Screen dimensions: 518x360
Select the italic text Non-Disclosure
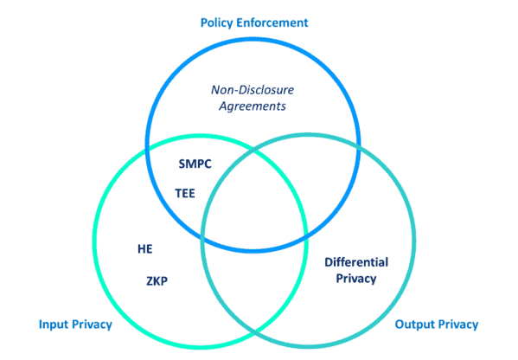pyautogui.click(x=253, y=90)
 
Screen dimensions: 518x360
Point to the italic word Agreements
pyautogui.click(x=253, y=106)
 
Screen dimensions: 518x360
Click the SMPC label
pyautogui.click(x=195, y=164)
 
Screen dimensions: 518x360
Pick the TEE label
pyautogui.click(x=185, y=193)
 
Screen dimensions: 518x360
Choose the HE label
pyautogui.click(x=145, y=249)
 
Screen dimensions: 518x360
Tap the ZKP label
pyautogui.click(x=157, y=281)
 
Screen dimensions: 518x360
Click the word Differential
pyautogui.click(x=356, y=262)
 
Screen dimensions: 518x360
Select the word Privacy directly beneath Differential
pyautogui.click(x=356, y=279)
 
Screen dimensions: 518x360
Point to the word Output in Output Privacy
pyautogui.click(x=414, y=325)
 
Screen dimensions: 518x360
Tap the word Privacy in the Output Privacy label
pyautogui.click(x=457, y=325)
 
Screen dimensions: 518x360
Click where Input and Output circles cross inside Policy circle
pyautogui.click(x=254, y=150)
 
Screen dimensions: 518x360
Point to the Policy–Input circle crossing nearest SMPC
pyautogui.click(x=148, y=150)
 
